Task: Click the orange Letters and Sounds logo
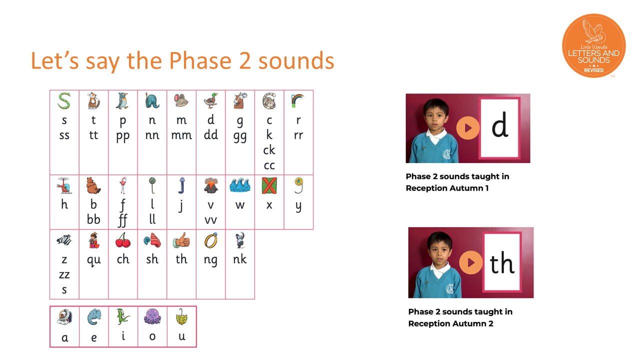593,45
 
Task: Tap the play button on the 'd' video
467,128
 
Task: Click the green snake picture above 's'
64,100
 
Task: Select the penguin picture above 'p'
122,100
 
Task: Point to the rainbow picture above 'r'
297,100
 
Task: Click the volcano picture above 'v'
211,185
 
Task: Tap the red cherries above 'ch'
123,240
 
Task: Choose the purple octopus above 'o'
152,316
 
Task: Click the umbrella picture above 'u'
181,316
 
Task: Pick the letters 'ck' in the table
269,150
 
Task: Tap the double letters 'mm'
181,135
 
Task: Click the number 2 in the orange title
245,60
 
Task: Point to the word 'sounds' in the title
296,60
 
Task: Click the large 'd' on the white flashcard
499,124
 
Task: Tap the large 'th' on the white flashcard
502,263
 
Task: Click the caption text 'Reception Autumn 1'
447,188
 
